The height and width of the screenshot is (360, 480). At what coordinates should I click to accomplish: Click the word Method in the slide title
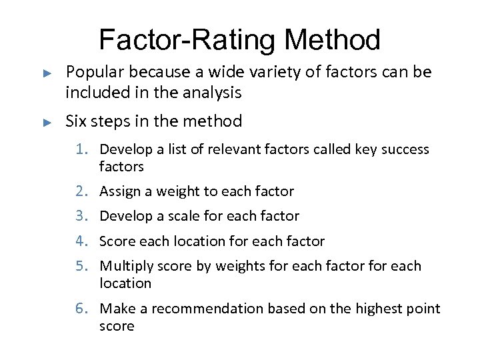click(332, 40)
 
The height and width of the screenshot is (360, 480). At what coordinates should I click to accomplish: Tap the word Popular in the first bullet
click(94, 72)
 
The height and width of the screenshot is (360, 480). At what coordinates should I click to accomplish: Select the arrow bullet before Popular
click(47, 72)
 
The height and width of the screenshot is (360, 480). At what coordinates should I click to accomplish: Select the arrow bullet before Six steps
click(47, 122)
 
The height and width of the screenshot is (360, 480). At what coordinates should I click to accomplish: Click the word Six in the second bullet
click(77, 121)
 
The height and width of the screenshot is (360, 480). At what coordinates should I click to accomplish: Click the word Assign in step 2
click(117, 192)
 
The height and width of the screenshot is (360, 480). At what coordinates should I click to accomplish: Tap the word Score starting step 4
click(116, 241)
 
